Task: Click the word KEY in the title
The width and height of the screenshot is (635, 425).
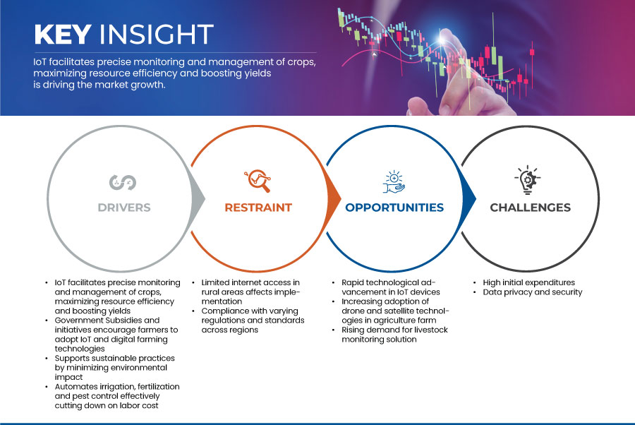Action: [x=63, y=34]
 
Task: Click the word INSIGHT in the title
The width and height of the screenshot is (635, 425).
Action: [x=157, y=34]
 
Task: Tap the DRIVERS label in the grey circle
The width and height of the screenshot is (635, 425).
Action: [x=124, y=208]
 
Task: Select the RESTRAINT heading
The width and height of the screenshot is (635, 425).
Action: [x=258, y=208]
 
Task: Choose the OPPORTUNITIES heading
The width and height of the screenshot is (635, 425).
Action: [x=394, y=208]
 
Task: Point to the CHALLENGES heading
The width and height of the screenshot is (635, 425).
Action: [x=530, y=208]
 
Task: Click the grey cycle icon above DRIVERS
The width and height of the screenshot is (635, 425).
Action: [x=123, y=182]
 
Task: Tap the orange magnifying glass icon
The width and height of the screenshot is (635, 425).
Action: [x=258, y=181]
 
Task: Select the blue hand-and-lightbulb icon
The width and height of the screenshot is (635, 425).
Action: [x=394, y=182]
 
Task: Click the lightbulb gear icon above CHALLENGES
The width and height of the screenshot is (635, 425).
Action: [x=528, y=180]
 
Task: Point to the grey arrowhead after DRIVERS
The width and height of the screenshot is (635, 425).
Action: [x=198, y=198]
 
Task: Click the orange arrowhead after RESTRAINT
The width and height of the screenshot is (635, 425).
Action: [x=334, y=198]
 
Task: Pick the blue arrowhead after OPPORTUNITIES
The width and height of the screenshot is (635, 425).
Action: [x=469, y=198]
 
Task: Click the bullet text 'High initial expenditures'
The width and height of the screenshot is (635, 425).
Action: [x=528, y=282]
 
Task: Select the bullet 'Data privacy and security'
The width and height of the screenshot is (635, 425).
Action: [x=533, y=292]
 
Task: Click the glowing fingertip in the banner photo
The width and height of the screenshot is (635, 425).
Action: [x=442, y=40]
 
